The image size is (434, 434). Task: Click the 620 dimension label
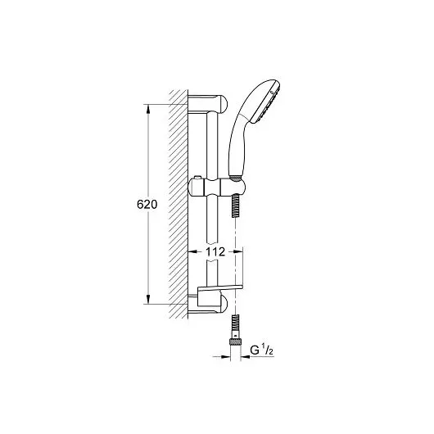pos(147,204)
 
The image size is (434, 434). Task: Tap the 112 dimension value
pos(215,252)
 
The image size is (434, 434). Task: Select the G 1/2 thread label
pos(261,350)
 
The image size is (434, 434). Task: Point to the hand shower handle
pos(236,145)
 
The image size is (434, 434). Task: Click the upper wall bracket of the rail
pos(208,103)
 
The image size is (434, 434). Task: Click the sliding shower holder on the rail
pos(216,187)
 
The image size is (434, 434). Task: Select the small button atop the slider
pos(197,177)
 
